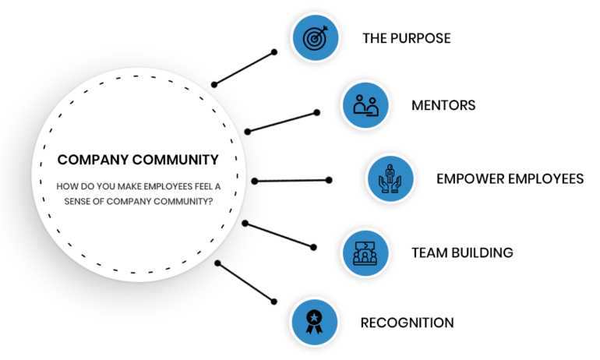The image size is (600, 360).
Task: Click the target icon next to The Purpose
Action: click(x=315, y=37)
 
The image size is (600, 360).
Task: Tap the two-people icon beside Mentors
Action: click(x=365, y=104)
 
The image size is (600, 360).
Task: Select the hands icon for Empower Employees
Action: click(x=390, y=178)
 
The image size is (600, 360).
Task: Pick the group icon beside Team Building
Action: click(x=365, y=252)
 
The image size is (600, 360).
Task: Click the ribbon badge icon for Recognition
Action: click(x=315, y=320)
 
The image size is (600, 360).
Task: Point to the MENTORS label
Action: click(x=443, y=105)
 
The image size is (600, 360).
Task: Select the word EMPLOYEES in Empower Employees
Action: click(x=545, y=178)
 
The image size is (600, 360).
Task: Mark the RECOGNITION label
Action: click(x=407, y=322)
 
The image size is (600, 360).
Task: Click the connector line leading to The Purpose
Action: click(x=243, y=69)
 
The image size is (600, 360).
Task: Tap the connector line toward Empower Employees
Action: click(x=291, y=181)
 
